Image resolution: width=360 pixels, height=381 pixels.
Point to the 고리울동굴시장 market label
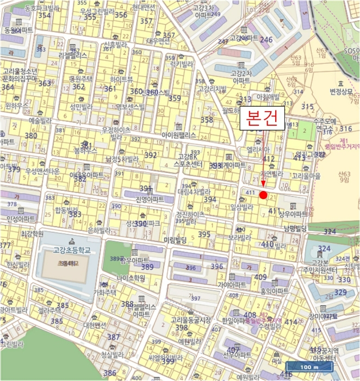coord(190,320)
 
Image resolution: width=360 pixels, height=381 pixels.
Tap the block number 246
coord(266,40)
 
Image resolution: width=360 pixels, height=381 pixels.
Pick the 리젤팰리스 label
coord(73,55)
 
